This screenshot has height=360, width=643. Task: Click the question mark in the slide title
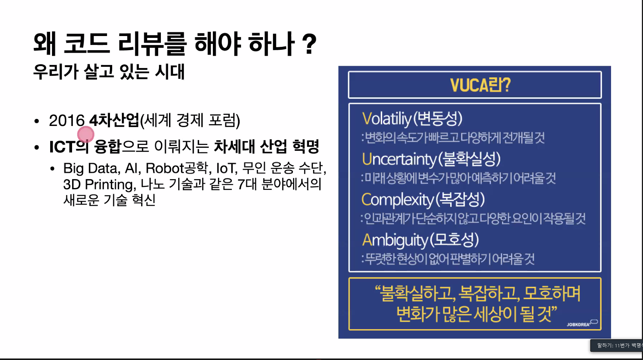(309, 44)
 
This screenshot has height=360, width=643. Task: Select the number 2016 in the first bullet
(66, 120)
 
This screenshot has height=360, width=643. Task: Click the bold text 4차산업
(114, 120)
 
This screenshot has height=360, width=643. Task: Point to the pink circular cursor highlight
(86, 134)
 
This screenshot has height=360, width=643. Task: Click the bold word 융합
(108, 146)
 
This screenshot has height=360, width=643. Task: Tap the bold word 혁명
(306, 146)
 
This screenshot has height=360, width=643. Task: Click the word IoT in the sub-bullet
(226, 168)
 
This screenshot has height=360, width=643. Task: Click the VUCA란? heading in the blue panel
(480, 85)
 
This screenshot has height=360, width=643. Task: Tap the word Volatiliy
(387, 119)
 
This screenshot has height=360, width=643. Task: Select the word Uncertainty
(399, 159)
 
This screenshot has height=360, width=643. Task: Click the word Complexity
(397, 200)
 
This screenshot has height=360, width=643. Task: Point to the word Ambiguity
(395, 240)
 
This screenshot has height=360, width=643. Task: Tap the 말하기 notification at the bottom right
(617, 346)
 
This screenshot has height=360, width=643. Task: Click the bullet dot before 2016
(36, 121)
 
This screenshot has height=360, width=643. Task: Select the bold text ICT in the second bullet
(62, 147)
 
